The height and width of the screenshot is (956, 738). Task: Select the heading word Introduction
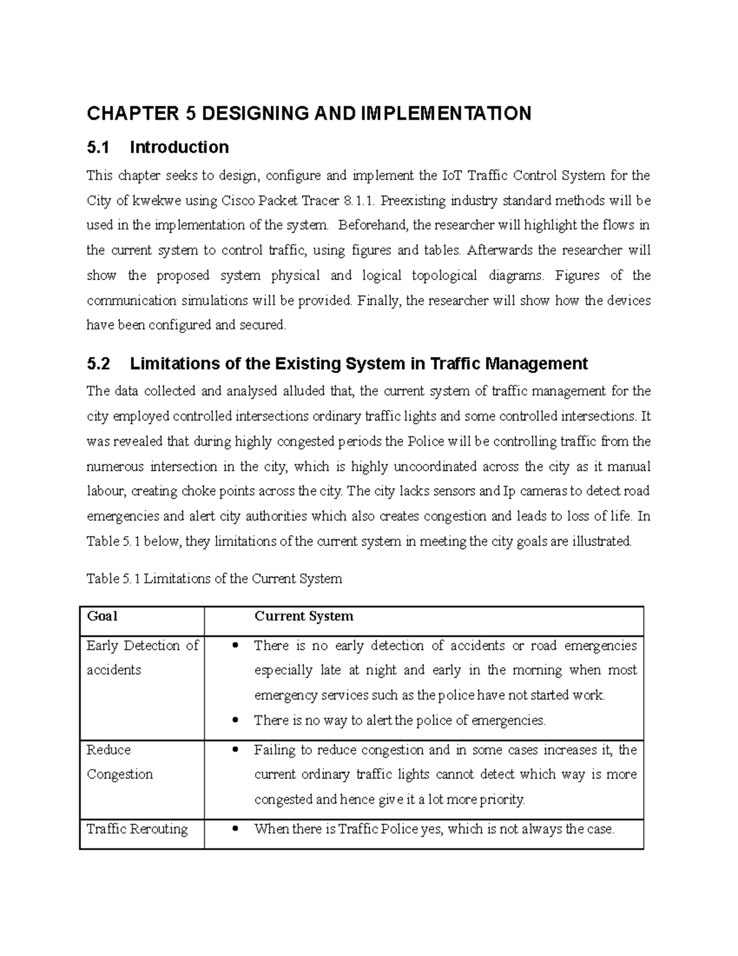pos(179,147)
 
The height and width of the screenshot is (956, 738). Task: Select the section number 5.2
pos(98,364)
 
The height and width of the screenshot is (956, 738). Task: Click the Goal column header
pos(102,616)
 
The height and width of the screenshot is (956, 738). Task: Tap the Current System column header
pos(304,616)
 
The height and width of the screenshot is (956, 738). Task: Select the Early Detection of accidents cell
pos(142,657)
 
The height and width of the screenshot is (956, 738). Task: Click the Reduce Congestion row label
pos(119,762)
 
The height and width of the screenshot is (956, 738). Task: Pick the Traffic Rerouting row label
pos(137,829)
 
